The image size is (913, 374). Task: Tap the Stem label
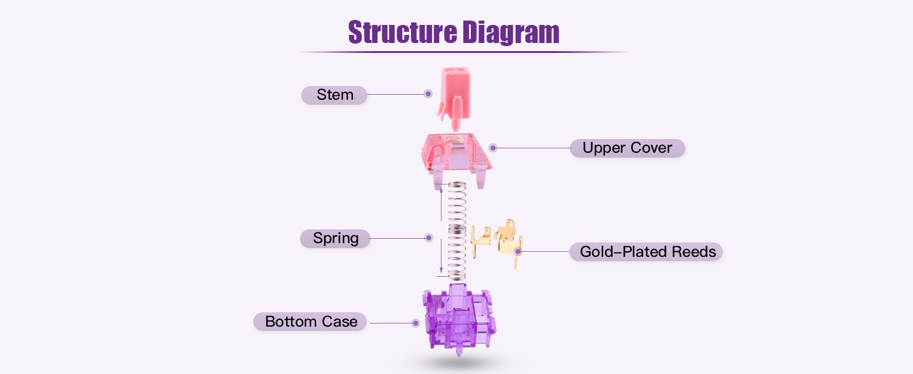[334, 95]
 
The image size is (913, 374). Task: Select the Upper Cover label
[627, 148]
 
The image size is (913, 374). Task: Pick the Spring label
[336, 238]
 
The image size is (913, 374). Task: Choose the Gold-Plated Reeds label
[647, 252]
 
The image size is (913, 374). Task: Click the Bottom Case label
[311, 322]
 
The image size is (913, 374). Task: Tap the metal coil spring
[458, 231]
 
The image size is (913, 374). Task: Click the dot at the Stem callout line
[428, 94]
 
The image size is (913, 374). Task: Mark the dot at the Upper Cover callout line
[493, 148]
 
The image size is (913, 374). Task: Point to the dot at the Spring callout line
[428, 237]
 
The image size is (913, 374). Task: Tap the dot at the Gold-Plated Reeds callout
[518, 251]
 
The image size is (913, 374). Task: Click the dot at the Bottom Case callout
[415, 323]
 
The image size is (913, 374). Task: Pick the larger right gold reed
[508, 240]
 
